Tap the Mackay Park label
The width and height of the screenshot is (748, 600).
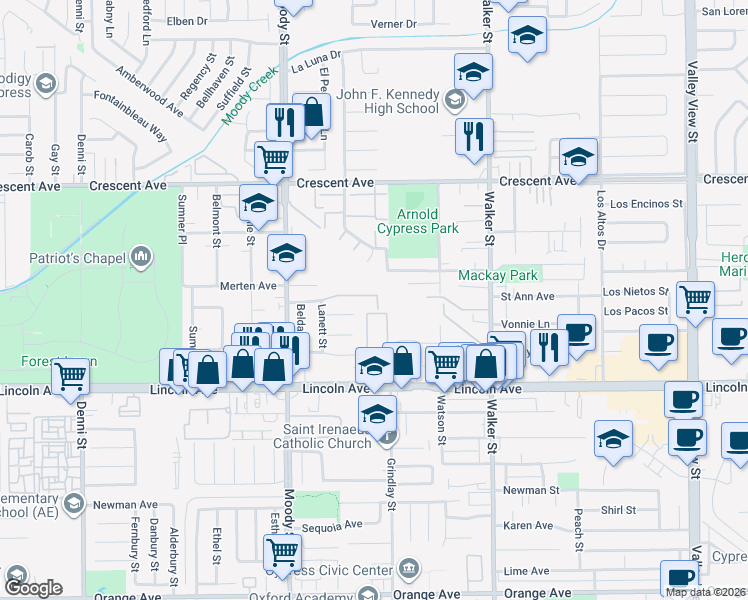[x=499, y=275]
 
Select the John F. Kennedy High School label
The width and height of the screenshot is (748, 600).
[x=388, y=101]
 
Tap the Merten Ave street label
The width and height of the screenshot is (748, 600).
[x=248, y=285]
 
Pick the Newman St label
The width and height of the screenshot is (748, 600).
[x=531, y=490]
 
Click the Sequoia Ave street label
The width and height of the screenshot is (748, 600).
[x=334, y=525]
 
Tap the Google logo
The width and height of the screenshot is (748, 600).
[x=32, y=588]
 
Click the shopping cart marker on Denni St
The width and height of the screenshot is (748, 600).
[x=70, y=376]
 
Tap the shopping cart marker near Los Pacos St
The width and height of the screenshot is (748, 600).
[x=695, y=298]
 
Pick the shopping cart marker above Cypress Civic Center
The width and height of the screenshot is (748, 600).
[x=283, y=550]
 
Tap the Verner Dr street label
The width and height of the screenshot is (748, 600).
[x=392, y=23]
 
